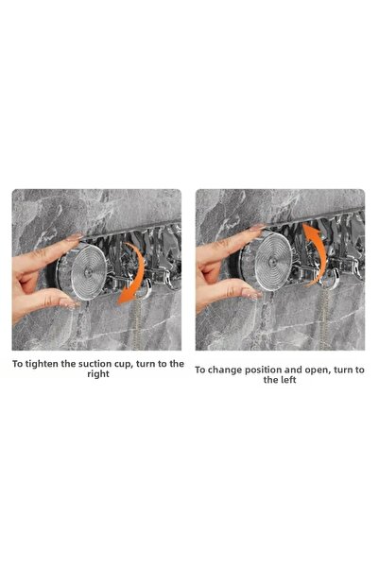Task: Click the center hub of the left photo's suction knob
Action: pos(88,270)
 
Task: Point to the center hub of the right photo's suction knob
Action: pos(272,262)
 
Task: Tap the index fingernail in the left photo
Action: pos(75,237)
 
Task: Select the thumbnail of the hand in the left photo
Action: pos(69,303)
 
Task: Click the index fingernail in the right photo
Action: pos(258,228)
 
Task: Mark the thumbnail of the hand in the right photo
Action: pos(252,294)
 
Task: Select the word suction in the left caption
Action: pos(95,364)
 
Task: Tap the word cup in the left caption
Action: pos(123,365)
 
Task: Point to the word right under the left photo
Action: pos(98,374)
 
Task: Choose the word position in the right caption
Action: pos(263,370)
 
